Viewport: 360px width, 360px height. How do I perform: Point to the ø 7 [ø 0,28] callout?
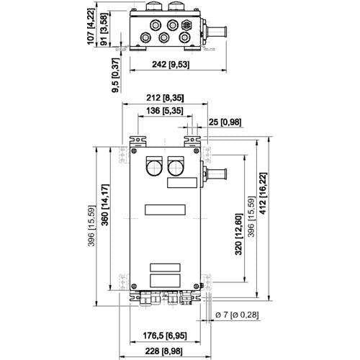click(237, 315)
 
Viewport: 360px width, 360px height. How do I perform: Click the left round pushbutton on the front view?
click(154, 168)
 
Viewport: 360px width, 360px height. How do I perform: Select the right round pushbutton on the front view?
click(176, 168)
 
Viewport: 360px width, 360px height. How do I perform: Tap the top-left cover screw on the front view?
click(134, 150)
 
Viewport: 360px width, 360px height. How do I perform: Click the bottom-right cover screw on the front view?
click(197, 286)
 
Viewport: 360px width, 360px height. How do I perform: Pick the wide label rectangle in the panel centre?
click(165, 210)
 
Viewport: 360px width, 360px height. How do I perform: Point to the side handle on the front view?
click(215, 173)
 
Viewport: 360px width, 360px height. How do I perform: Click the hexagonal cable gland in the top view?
click(187, 24)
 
